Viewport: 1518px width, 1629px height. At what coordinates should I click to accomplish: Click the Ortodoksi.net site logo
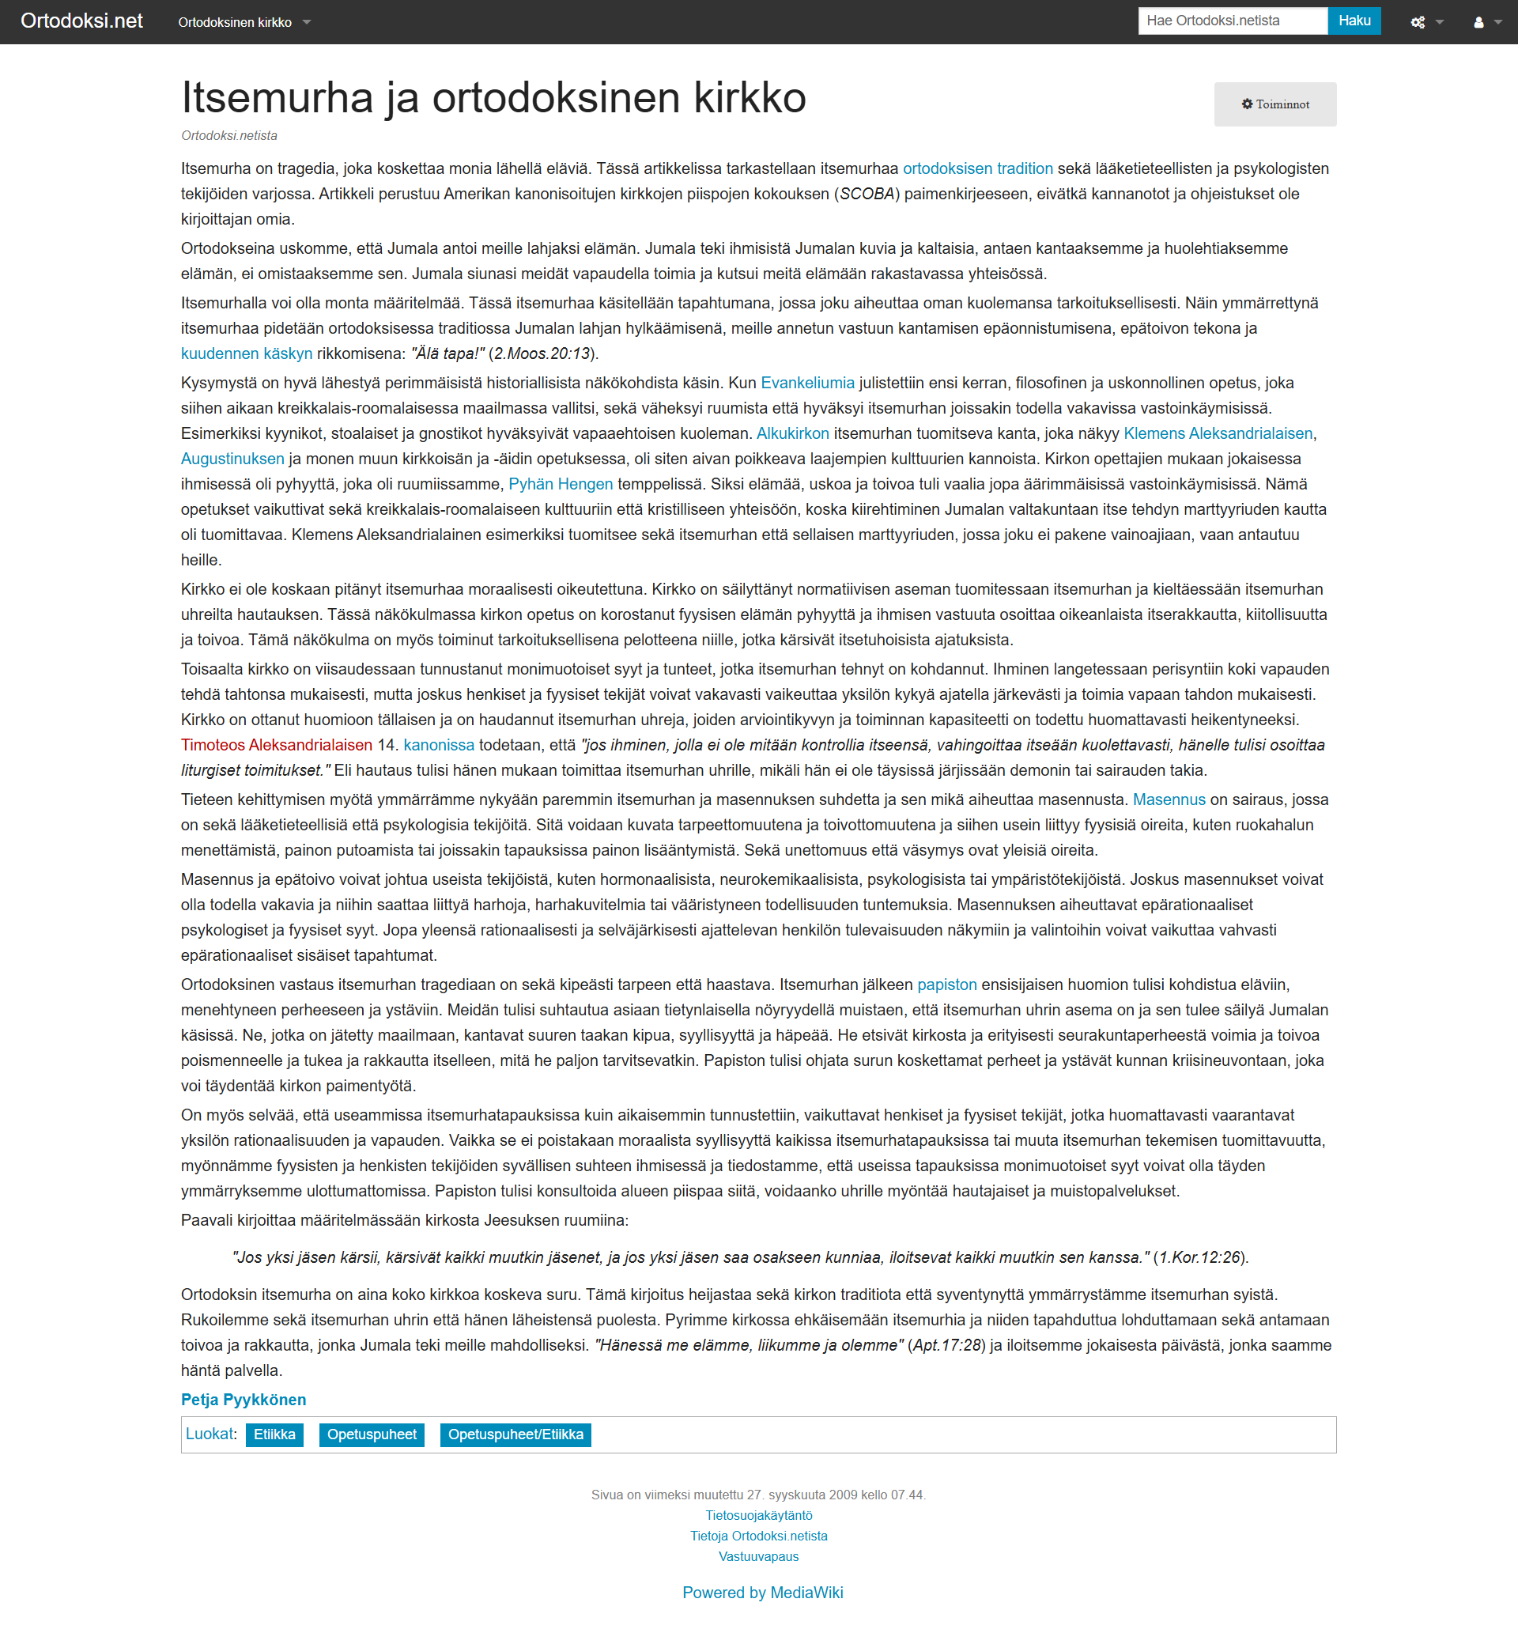pyautogui.click(x=82, y=21)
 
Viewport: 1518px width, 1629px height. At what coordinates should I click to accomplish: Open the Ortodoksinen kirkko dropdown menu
pyautogui.click(x=244, y=22)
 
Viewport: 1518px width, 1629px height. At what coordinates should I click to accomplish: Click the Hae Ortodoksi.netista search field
pyautogui.click(x=1231, y=21)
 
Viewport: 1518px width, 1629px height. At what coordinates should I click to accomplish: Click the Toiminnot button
pyautogui.click(x=1274, y=104)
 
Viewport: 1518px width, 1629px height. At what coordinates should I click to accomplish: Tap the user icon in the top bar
pyautogui.click(x=1478, y=23)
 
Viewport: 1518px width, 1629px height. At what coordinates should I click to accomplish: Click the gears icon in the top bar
pyautogui.click(x=1418, y=23)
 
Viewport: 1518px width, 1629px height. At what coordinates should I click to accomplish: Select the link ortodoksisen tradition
pyautogui.click(x=977, y=168)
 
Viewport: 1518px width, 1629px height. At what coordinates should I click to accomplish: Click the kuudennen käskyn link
pyautogui.click(x=247, y=354)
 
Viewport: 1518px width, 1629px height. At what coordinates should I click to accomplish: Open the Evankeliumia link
pyautogui.click(x=807, y=384)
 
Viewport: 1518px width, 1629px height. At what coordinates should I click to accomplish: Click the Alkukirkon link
pyautogui.click(x=792, y=433)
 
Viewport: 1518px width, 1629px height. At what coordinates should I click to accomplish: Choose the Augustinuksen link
pyautogui.click(x=232, y=459)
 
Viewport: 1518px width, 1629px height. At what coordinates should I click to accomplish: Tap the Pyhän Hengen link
pyautogui.click(x=561, y=484)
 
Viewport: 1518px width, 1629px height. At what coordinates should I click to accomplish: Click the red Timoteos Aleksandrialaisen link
pyautogui.click(x=277, y=746)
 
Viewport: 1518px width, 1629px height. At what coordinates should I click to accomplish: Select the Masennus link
pyautogui.click(x=1169, y=799)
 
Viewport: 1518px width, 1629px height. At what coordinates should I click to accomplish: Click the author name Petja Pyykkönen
pyautogui.click(x=244, y=1400)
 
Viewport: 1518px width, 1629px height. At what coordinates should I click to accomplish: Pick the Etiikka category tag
pyautogui.click(x=274, y=1434)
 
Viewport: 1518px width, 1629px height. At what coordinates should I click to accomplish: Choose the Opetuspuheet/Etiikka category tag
pyautogui.click(x=515, y=1434)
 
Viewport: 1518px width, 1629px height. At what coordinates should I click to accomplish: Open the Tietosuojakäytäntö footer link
pyautogui.click(x=758, y=1516)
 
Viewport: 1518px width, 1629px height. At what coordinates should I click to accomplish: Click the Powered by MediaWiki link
pyautogui.click(x=763, y=1593)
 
